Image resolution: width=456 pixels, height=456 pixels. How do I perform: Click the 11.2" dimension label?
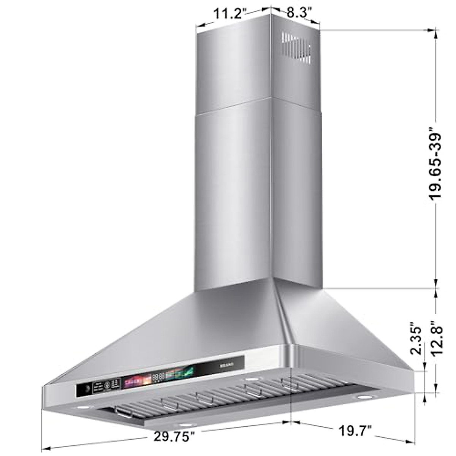tap(227, 14)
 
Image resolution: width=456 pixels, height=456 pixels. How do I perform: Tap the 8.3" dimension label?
tap(299, 12)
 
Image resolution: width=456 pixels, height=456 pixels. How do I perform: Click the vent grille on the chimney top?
tap(296, 48)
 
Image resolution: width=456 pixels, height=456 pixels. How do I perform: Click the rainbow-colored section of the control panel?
tap(133, 380)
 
